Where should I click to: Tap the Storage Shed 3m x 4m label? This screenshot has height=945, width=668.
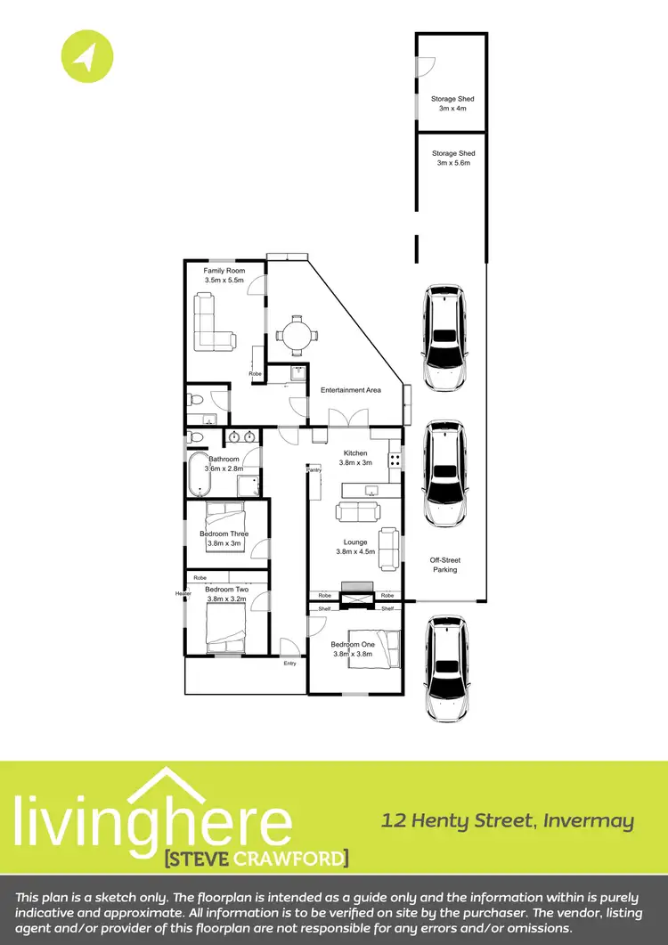(453, 103)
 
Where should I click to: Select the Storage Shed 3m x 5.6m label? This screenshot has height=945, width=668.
(453, 159)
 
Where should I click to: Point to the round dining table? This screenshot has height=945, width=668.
(296, 336)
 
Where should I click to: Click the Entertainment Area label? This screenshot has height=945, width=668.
(351, 390)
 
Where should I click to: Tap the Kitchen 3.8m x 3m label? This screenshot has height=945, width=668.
(355, 458)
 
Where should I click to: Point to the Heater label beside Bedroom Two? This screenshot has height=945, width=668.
(183, 594)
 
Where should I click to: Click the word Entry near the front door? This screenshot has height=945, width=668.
(289, 664)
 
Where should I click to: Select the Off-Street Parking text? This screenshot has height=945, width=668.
(445, 565)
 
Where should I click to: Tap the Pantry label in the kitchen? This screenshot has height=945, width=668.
(314, 469)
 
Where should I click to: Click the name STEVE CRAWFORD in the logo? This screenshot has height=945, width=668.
(257, 858)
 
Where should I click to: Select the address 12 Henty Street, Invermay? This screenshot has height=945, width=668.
(508, 820)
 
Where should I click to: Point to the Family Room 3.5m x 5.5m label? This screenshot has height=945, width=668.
(224, 275)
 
